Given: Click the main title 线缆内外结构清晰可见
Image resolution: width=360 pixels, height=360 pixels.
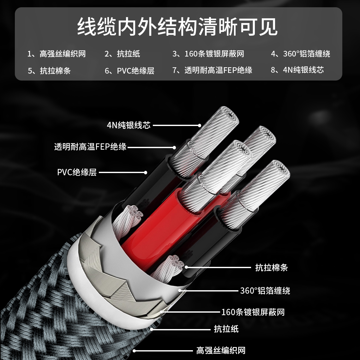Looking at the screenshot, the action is [x=177, y=27].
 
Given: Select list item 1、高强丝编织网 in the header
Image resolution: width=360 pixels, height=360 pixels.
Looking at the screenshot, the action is [x=57, y=54].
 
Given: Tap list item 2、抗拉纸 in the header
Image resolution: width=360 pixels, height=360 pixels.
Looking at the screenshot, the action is [x=122, y=54].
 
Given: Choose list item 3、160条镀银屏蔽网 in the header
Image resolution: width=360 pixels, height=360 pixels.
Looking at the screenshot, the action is [x=208, y=54].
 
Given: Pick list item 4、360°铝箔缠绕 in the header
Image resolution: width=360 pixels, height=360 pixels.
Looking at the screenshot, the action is [x=301, y=54].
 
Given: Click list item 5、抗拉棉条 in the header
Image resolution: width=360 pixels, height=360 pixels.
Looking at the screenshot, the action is [x=49, y=70].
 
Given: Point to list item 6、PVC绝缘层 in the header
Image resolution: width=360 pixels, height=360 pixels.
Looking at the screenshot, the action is [x=129, y=70].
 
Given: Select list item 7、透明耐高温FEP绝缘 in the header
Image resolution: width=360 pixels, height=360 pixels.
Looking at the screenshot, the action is [x=213, y=70].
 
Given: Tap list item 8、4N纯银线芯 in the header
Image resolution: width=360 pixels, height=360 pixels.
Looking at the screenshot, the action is [x=297, y=70].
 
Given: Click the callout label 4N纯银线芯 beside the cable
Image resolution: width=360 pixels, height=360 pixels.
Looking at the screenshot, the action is [x=129, y=125].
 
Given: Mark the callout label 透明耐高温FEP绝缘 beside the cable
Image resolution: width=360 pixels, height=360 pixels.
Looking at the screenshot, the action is [x=90, y=147].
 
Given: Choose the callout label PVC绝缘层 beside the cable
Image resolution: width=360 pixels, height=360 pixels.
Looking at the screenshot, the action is [x=77, y=172].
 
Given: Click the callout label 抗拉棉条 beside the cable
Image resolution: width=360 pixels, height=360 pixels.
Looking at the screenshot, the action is [x=271, y=267].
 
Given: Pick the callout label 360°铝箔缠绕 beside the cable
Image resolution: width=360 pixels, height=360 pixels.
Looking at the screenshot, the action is [x=265, y=291].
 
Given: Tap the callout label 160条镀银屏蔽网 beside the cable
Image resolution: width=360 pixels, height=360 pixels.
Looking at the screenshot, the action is [x=253, y=312].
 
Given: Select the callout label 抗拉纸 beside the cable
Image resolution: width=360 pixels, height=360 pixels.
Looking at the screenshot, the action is [x=226, y=329].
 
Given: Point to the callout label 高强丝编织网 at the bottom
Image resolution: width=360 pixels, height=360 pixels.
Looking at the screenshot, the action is [x=221, y=351].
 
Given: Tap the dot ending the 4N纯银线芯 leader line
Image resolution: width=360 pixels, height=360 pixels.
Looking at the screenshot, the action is [x=200, y=125].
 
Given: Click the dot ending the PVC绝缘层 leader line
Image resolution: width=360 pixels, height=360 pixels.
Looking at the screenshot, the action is [x=146, y=172].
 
